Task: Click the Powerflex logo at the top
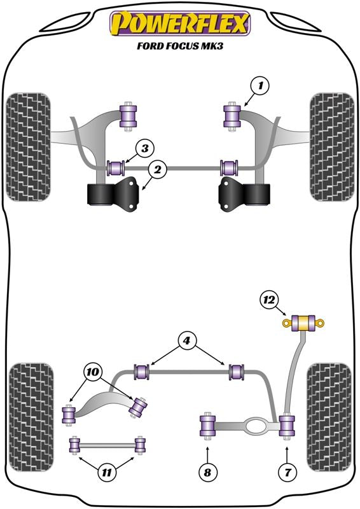click(x=180, y=24)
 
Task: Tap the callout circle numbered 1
click(x=260, y=86)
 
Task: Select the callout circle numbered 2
click(x=158, y=169)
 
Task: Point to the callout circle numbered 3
click(x=145, y=149)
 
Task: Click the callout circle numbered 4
click(x=186, y=341)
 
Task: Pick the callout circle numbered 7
click(x=288, y=472)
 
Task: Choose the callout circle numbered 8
click(x=207, y=472)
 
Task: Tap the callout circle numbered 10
click(x=92, y=372)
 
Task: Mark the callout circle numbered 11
click(x=106, y=472)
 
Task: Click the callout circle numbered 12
click(x=269, y=300)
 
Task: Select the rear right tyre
click(x=329, y=418)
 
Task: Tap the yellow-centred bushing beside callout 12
click(x=303, y=323)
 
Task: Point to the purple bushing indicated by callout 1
click(x=232, y=116)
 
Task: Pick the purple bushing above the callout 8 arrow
click(x=207, y=426)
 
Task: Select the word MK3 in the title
click(x=213, y=46)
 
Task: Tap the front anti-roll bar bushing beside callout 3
click(x=116, y=167)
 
